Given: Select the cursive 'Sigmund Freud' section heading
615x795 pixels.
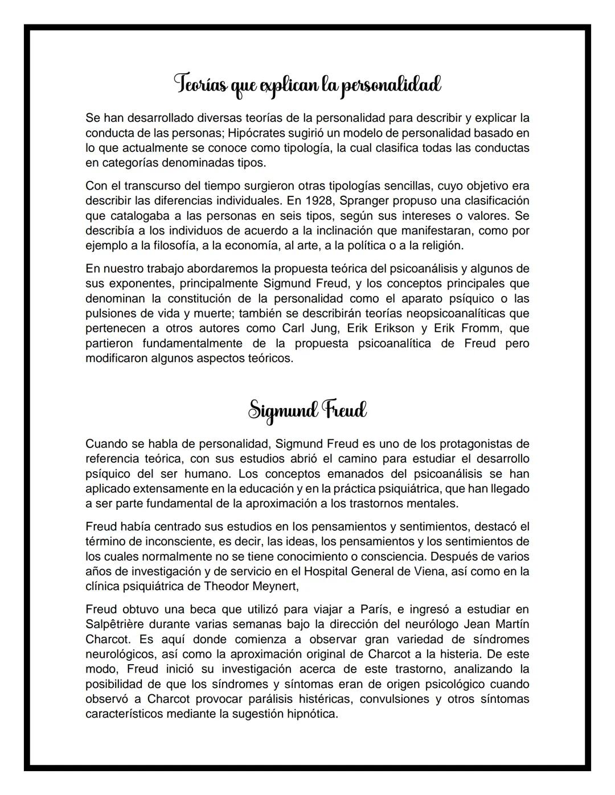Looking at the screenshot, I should pos(307,410).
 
